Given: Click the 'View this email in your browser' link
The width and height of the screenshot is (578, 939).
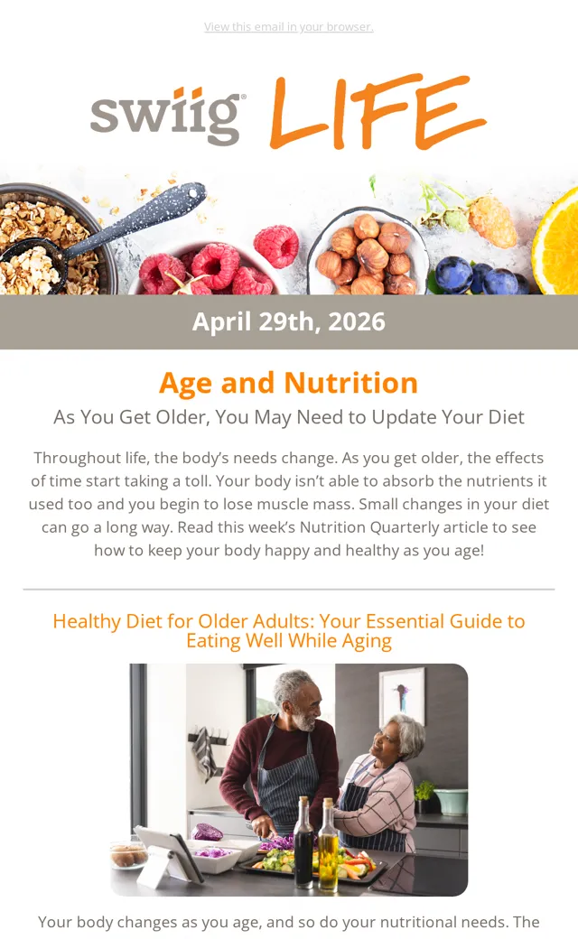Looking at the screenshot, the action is [x=289, y=27].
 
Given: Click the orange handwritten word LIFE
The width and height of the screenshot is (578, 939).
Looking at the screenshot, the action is [x=378, y=112].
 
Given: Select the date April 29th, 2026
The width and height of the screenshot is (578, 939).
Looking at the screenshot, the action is [x=289, y=321].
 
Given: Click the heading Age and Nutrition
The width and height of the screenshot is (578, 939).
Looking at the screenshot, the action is [x=289, y=383].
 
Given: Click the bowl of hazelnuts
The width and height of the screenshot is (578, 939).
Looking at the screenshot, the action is [x=368, y=251].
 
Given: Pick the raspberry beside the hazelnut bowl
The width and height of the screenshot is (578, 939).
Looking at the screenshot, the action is [x=276, y=246].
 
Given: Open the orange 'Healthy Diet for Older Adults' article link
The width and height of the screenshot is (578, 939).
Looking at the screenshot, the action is [x=289, y=630].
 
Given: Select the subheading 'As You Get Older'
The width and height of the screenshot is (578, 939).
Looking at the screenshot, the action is [x=289, y=417].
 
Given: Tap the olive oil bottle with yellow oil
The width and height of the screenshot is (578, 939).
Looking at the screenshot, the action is [x=328, y=844].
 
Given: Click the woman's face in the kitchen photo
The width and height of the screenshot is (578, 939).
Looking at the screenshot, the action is [x=383, y=742].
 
